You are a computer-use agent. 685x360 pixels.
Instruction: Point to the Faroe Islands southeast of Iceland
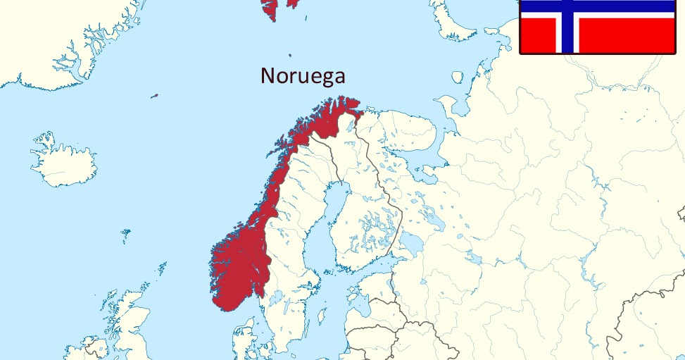[x=126, y=232]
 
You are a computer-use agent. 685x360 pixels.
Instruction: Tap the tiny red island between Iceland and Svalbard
[x=154, y=96]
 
